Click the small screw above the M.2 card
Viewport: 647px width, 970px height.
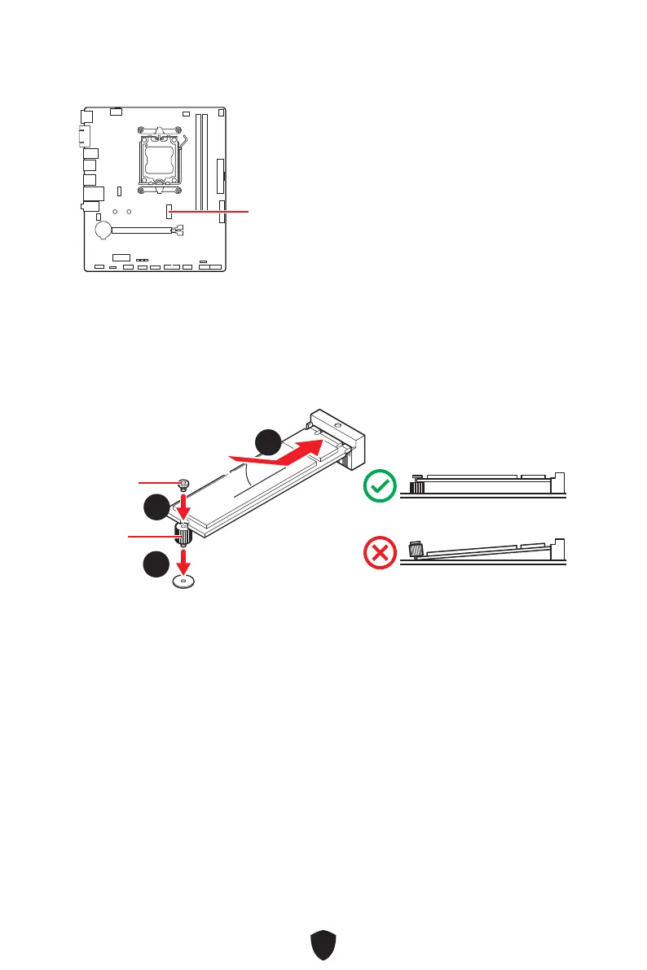click(184, 484)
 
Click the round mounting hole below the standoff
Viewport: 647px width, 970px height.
click(185, 582)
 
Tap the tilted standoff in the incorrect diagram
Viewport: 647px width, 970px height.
click(415, 551)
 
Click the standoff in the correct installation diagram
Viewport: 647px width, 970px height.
click(416, 486)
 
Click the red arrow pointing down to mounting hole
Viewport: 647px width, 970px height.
click(184, 560)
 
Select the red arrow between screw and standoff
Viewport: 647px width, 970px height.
click(184, 507)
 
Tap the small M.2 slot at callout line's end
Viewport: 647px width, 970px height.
click(169, 212)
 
